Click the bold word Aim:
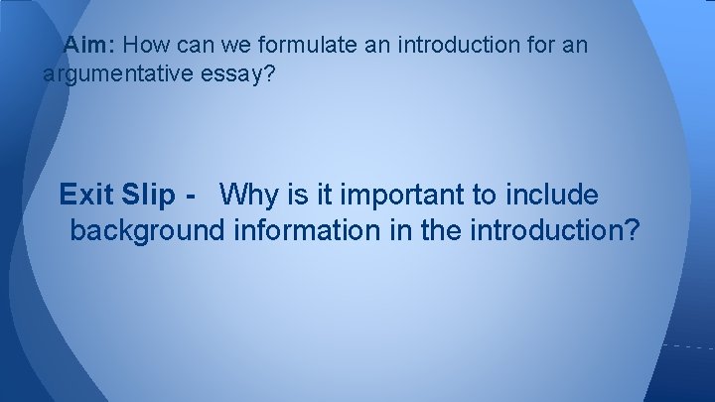click(91, 46)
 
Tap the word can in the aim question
click(193, 46)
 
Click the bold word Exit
click(87, 194)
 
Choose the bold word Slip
click(150, 194)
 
